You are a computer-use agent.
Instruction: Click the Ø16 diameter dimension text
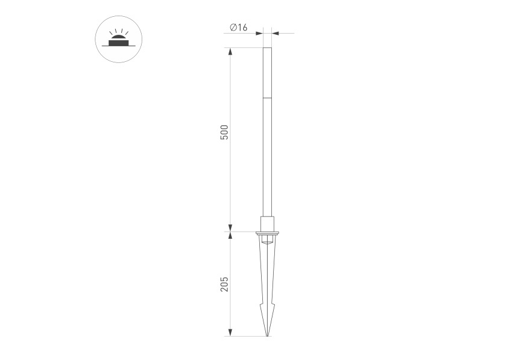point(238,27)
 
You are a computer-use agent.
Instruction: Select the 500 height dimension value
point(224,132)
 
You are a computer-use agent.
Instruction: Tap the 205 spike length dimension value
point(224,284)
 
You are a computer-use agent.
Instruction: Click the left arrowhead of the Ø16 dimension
point(259,33)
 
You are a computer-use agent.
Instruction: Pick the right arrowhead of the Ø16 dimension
point(276,33)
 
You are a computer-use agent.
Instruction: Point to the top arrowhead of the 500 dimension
point(230,52)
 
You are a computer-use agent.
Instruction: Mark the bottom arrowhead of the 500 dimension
point(230,228)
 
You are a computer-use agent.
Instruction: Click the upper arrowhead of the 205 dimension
point(230,236)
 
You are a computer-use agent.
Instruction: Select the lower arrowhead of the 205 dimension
point(230,332)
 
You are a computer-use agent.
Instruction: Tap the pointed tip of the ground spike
point(267,336)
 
